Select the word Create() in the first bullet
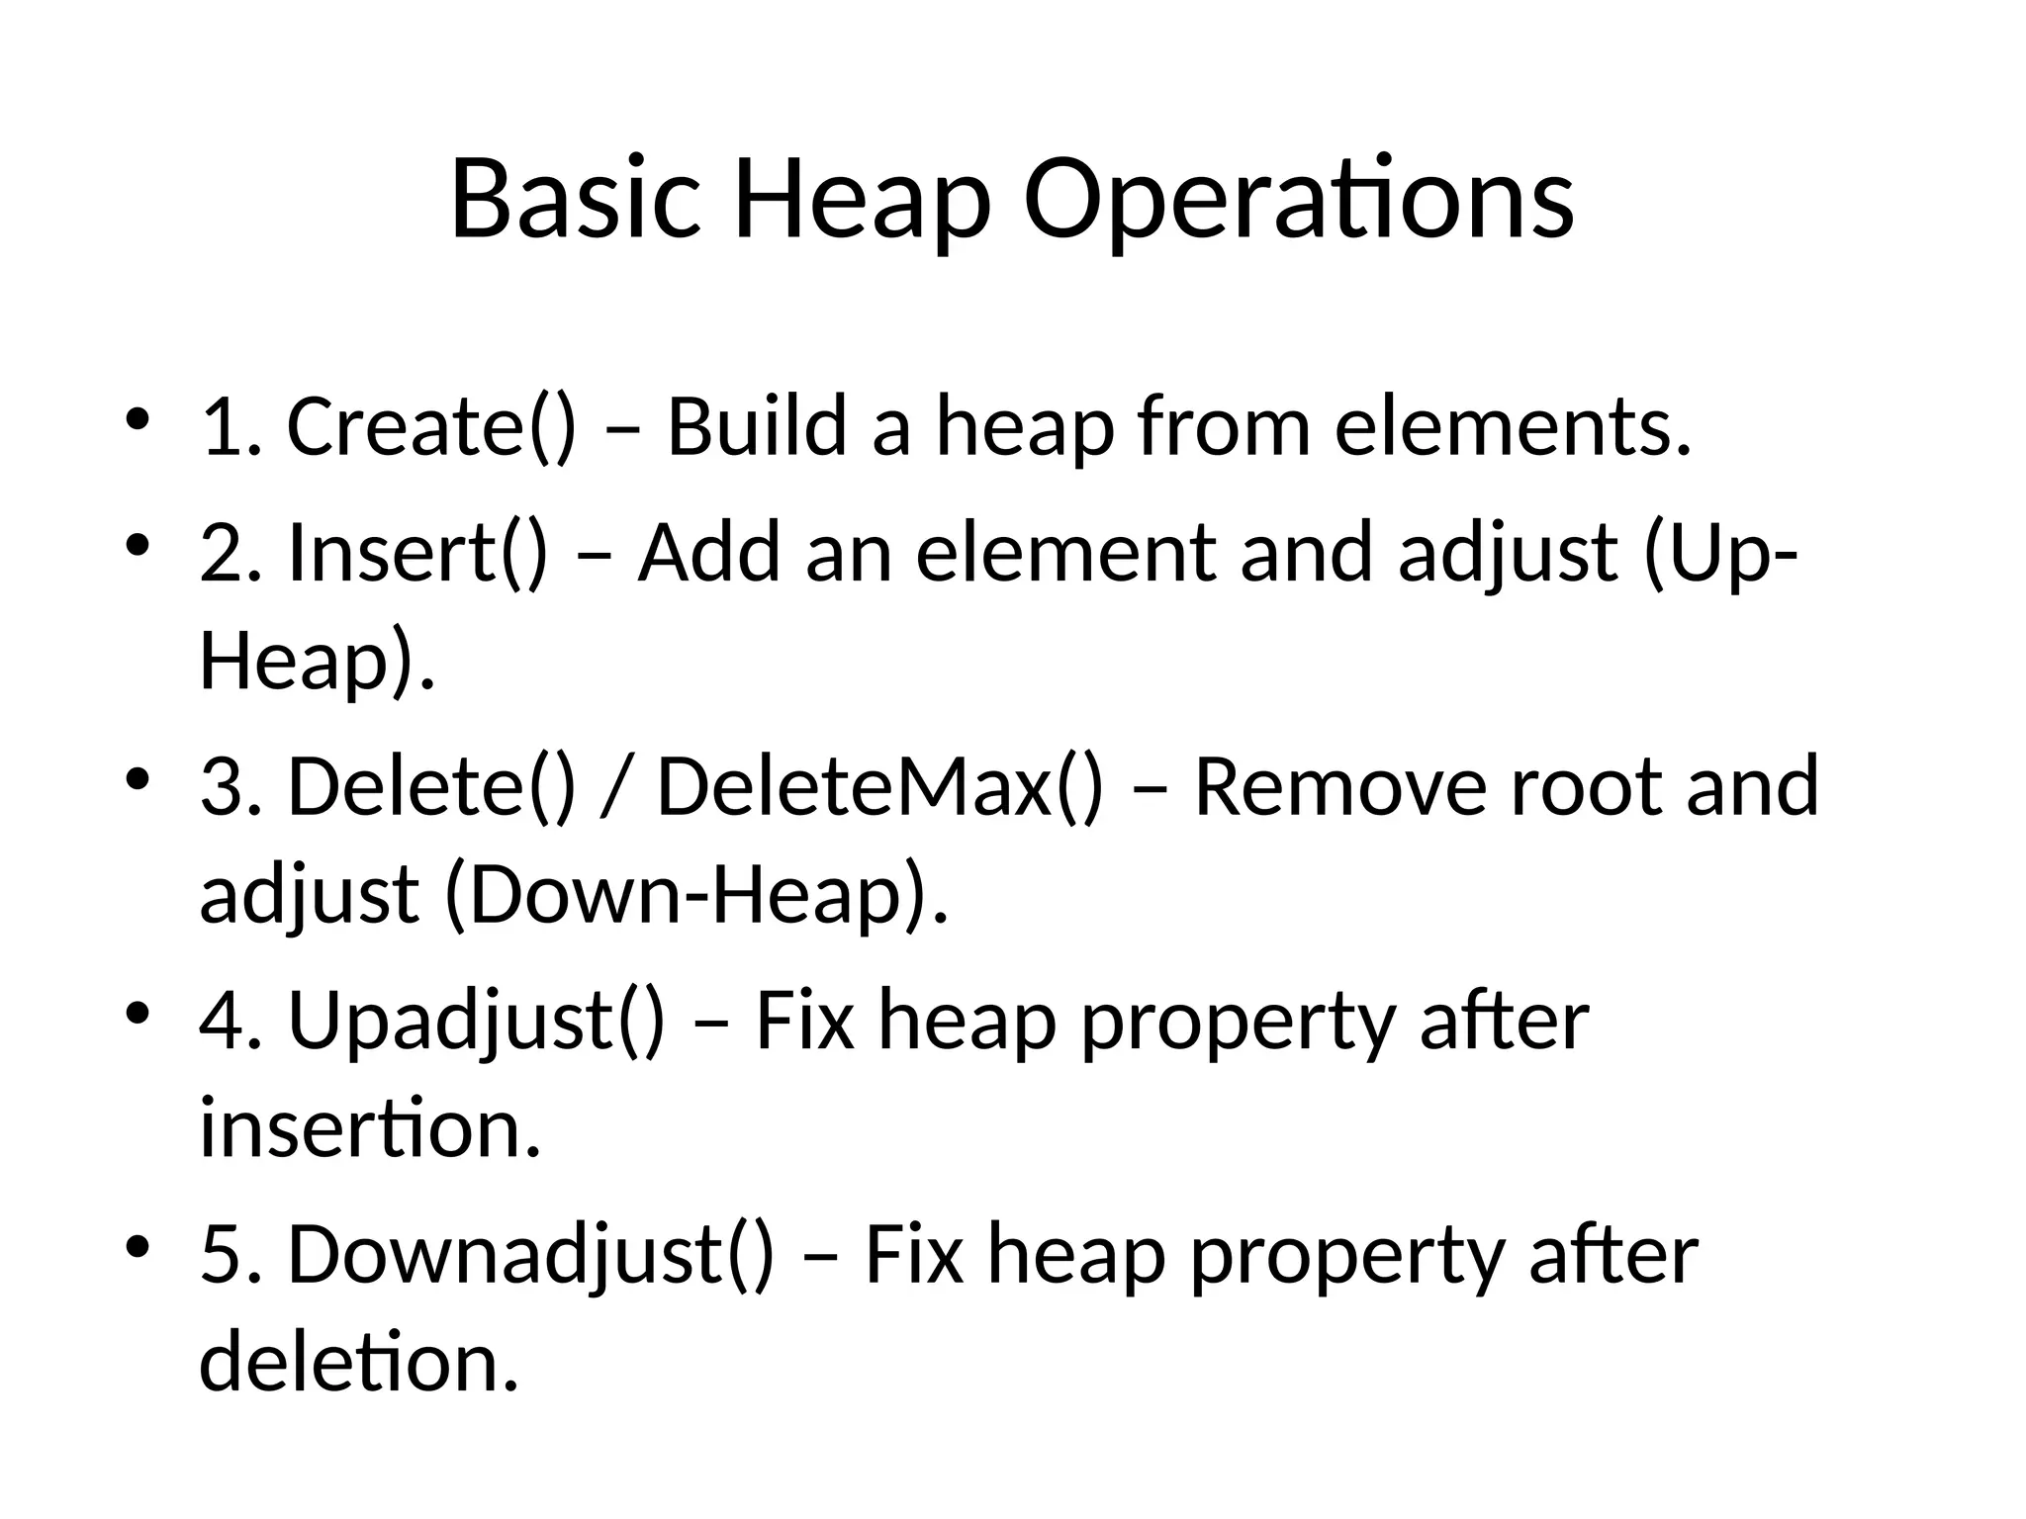tap(430, 426)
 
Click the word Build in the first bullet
tap(757, 426)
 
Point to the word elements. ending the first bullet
tap(1513, 426)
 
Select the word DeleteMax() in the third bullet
tap(879, 786)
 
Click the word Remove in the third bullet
tap(1339, 786)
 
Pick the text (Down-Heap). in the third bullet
tap(696, 894)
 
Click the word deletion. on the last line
tap(359, 1362)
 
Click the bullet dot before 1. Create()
tap(138, 419)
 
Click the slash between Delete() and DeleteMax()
tap(614, 786)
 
